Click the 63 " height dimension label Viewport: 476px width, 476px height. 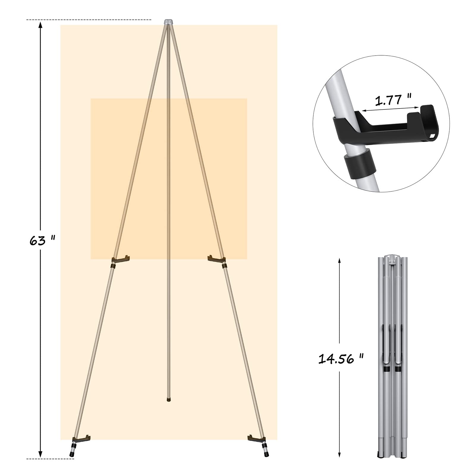coord(43,241)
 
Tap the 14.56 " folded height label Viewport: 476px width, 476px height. coord(341,359)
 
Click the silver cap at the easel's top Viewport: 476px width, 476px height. coord(169,22)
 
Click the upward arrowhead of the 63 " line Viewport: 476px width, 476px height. coord(40,26)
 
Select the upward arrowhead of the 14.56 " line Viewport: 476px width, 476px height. coord(339,261)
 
